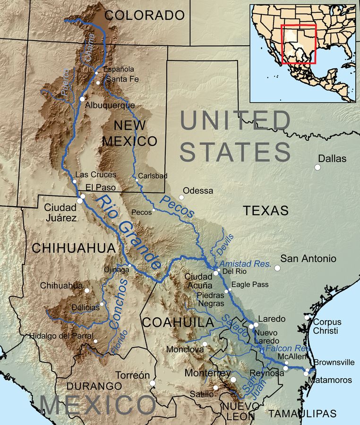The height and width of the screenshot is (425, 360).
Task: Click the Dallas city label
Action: [x=332, y=159]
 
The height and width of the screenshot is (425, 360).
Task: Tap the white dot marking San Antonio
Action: [x=277, y=268]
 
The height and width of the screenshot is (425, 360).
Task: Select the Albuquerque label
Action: [x=110, y=106]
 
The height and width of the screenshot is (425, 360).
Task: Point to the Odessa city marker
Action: [x=181, y=197]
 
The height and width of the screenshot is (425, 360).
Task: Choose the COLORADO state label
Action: [x=145, y=15]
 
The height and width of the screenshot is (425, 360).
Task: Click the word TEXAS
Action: [x=266, y=211]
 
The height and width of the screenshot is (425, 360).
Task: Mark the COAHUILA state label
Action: [x=177, y=323]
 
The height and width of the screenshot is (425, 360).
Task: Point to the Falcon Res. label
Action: [x=287, y=348]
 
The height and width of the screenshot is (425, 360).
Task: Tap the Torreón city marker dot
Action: [x=153, y=383]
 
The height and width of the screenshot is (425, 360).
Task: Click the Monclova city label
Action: [x=185, y=350]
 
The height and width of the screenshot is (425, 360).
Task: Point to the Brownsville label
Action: [x=334, y=363]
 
